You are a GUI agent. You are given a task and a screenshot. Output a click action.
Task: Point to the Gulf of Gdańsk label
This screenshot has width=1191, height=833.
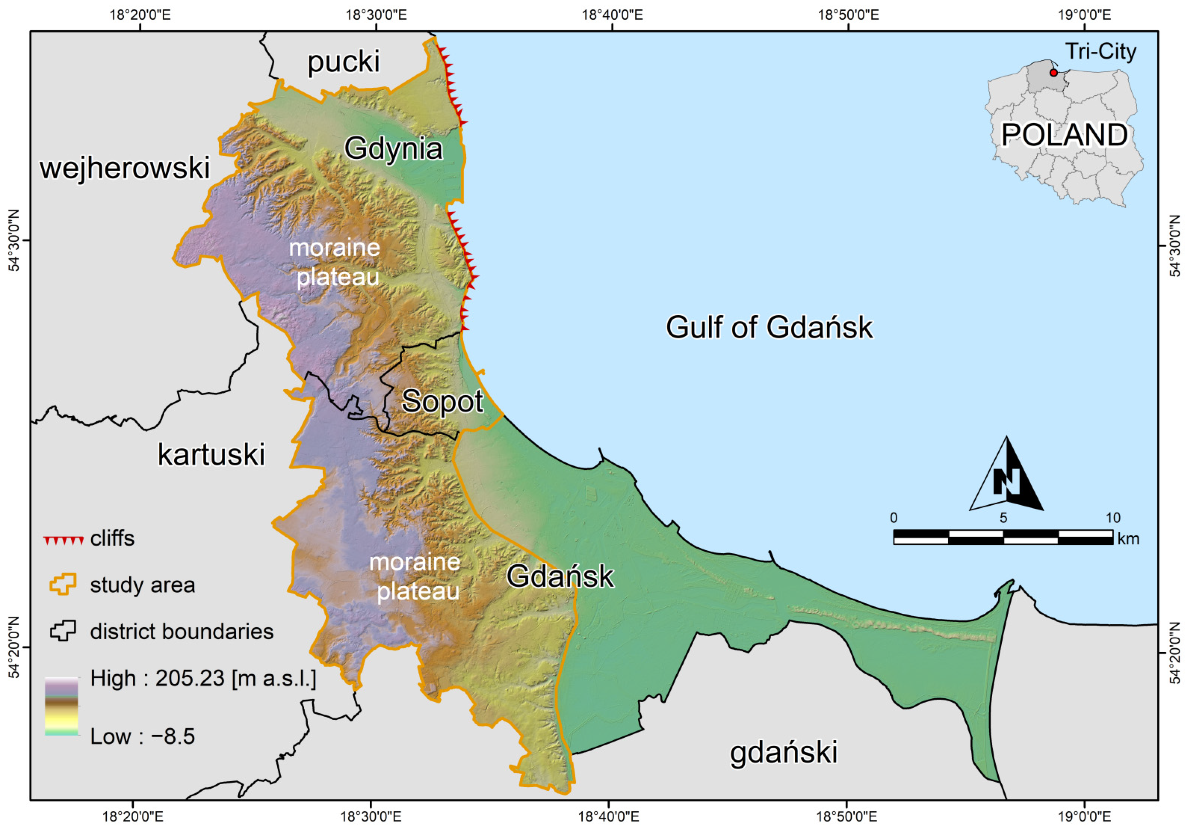click(x=769, y=327)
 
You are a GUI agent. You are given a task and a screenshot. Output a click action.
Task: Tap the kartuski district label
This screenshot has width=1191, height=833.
click(x=211, y=455)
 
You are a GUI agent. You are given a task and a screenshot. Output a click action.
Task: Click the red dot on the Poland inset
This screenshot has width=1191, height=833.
click(x=1053, y=73)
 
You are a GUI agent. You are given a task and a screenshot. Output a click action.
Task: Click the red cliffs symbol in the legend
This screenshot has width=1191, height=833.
click(x=63, y=540)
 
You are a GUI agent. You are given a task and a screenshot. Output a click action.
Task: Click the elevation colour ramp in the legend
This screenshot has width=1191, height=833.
click(x=61, y=706)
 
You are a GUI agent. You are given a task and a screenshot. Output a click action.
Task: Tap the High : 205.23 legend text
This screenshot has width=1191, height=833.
click(x=203, y=678)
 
